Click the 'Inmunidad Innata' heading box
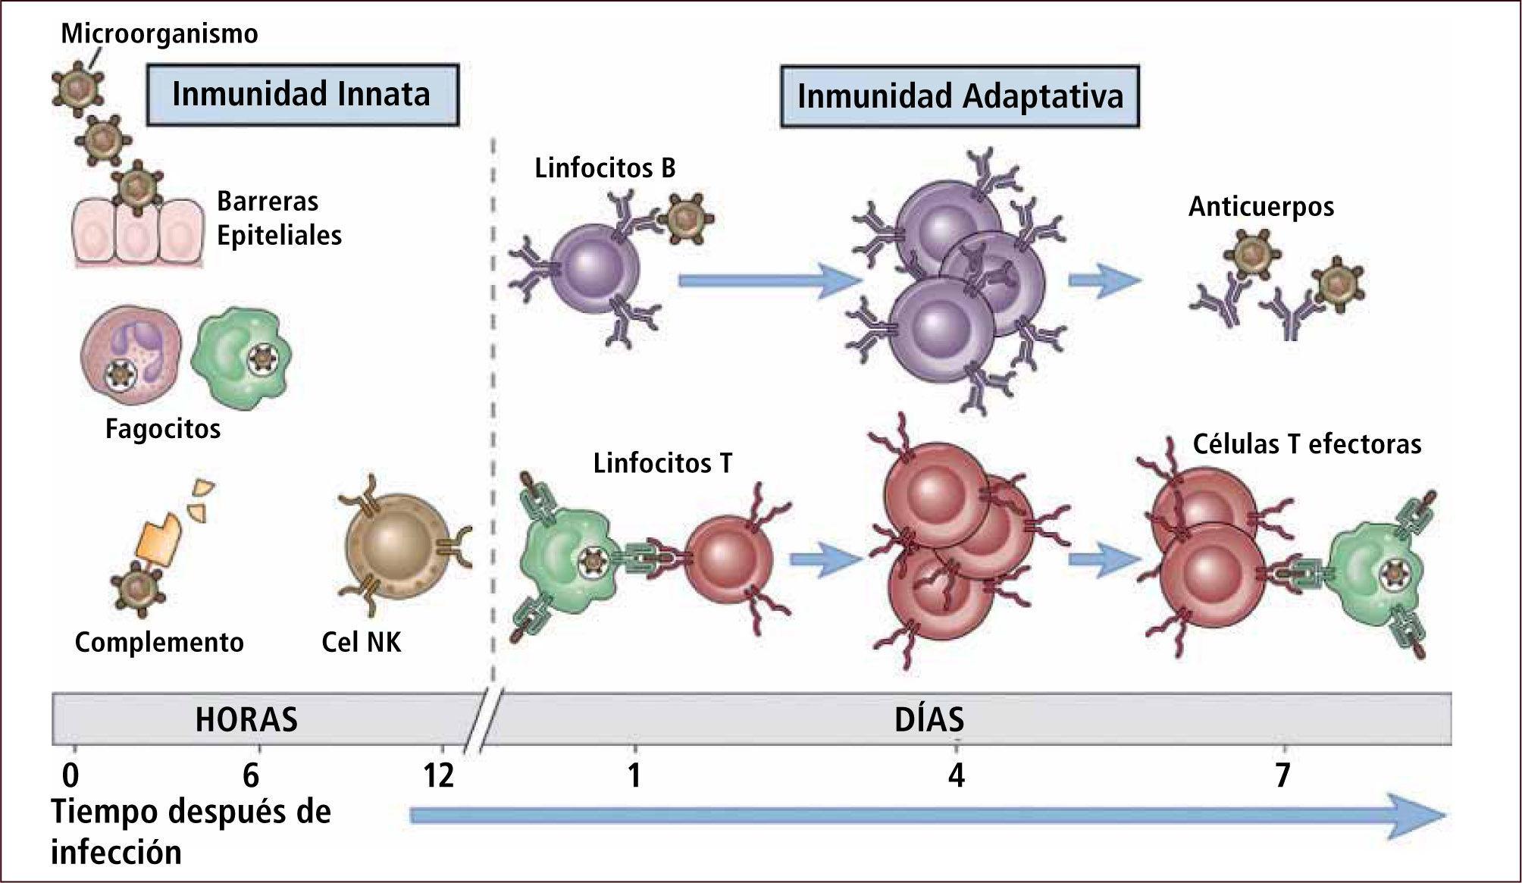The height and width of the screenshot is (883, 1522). tap(302, 95)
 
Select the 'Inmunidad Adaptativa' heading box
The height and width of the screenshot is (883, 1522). tap(960, 97)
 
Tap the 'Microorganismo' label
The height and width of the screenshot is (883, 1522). tap(159, 34)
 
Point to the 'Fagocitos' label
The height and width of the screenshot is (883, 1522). tap(163, 429)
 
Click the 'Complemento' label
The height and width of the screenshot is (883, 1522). tap(159, 643)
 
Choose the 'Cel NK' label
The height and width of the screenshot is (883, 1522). tap(361, 643)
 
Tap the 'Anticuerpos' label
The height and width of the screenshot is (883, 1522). tap(1261, 206)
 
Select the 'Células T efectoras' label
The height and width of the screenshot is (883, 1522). tap(1307, 443)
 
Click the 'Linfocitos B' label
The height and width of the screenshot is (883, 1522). tap(605, 168)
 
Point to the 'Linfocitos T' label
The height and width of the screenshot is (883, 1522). tap(662, 463)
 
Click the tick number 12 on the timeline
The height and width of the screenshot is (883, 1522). tap(438, 775)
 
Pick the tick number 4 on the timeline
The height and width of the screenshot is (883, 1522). tap(957, 775)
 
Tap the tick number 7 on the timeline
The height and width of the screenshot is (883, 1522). tap(1282, 775)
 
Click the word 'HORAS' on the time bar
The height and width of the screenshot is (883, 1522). tap(246, 719)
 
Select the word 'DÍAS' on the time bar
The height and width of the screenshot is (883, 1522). tap(929, 719)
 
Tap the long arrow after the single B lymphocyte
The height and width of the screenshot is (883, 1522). tap(769, 282)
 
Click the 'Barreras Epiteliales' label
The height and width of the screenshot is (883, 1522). tap(279, 218)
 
